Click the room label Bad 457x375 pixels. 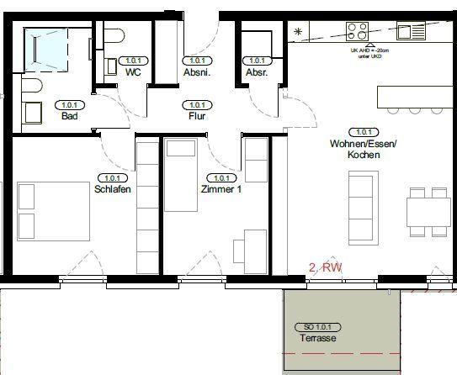point(69,117)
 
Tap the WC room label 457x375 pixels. point(132,72)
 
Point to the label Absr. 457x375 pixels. point(256,72)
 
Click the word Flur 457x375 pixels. point(198,117)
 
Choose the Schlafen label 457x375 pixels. point(112,189)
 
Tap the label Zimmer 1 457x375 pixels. point(221,189)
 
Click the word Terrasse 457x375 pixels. point(317,337)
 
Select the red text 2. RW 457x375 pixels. point(326,267)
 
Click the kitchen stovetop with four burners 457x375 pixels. point(357,32)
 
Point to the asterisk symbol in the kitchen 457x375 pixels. point(298,32)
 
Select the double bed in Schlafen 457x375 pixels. point(53,209)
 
